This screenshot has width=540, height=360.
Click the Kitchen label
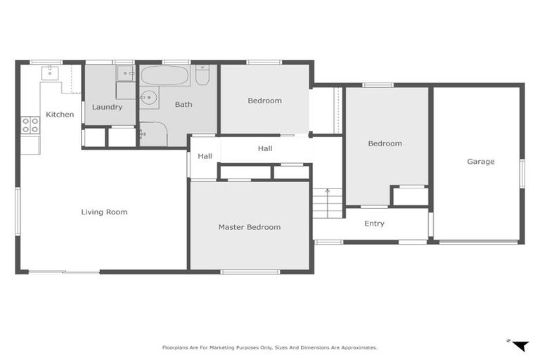click(x=60, y=114)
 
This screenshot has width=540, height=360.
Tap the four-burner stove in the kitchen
click(x=30, y=125)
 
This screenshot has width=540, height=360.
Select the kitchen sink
click(x=50, y=72)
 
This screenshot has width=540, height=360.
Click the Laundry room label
click(x=107, y=107)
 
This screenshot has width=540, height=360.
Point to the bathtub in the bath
click(x=165, y=75)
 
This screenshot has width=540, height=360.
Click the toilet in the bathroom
click(x=202, y=75)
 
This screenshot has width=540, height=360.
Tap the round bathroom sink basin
click(x=148, y=98)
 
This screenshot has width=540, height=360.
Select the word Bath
click(x=184, y=105)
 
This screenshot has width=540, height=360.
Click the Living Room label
click(x=104, y=212)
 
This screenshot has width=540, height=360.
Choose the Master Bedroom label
click(x=249, y=227)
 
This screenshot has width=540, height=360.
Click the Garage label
click(x=480, y=161)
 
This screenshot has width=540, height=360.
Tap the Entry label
click(x=374, y=224)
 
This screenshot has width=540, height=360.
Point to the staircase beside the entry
click(x=327, y=203)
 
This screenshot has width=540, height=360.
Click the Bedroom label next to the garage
click(x=385, y=143)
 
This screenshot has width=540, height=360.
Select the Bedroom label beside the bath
click(x=264, y=101)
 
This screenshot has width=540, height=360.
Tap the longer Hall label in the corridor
click(x=265, y=148)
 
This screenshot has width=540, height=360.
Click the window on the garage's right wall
click(x=521, y=173)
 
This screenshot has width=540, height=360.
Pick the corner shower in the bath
click(x=153, y=134)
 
